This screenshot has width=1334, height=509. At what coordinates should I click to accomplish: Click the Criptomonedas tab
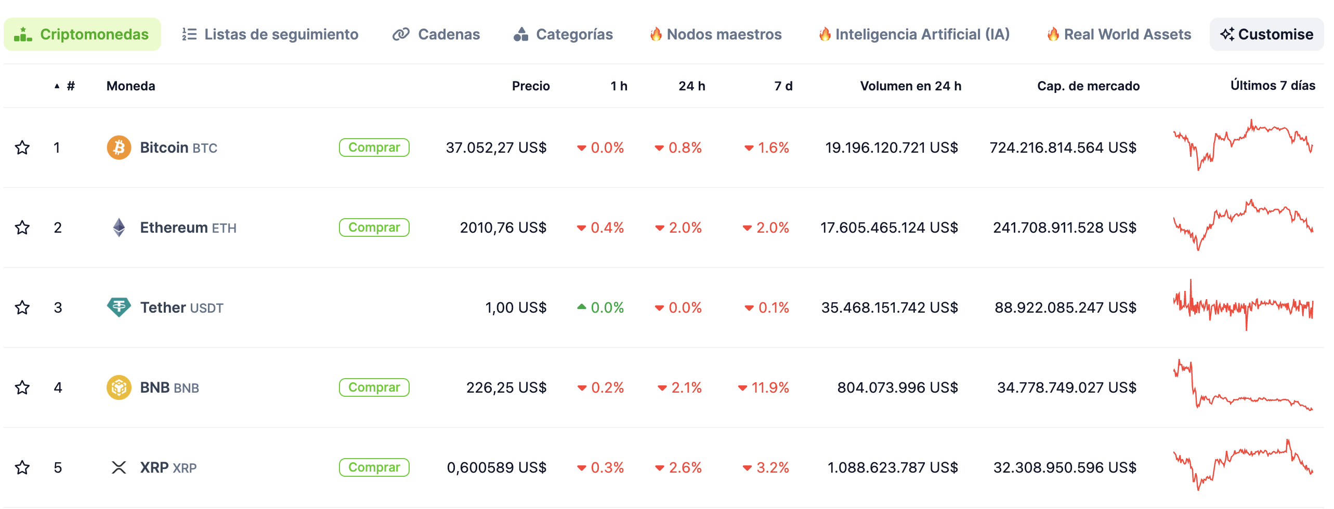click(82, 34)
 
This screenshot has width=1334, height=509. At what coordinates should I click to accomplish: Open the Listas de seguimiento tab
click(270, 34)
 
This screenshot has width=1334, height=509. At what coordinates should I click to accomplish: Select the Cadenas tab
click(436, 34)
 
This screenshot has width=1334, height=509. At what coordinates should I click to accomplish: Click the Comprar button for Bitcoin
click(374, 148)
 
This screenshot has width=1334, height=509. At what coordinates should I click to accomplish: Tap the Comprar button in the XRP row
click(374, 467)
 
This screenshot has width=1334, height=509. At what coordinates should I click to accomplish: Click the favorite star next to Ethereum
click(22, 227)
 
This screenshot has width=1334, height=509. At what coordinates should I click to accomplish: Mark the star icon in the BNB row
click(22, 387)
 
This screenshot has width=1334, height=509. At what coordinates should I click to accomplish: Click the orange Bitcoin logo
click(119, 148)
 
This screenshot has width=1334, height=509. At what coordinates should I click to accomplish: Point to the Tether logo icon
click(119, 307)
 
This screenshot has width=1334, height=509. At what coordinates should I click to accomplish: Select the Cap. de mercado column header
click(1088, 86)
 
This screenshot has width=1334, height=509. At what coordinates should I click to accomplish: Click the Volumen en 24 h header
click(910, 86)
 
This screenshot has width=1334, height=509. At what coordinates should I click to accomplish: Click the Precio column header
click(530, 86)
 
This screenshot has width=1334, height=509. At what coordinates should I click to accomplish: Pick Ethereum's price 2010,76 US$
click(503, 227)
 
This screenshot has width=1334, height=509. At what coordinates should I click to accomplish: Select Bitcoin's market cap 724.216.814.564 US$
click(1063, 148)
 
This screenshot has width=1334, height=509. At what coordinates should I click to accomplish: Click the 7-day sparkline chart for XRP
click(1243, 465)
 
